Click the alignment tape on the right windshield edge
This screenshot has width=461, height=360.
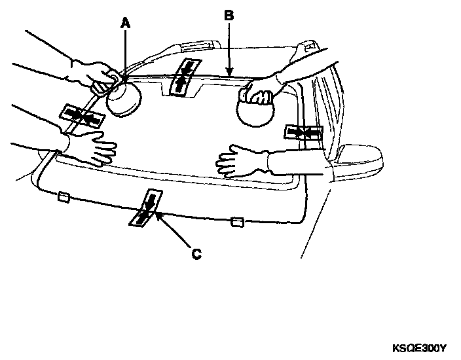[x=303, y=133]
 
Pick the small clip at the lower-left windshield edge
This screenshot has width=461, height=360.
[x=64, y=196]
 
